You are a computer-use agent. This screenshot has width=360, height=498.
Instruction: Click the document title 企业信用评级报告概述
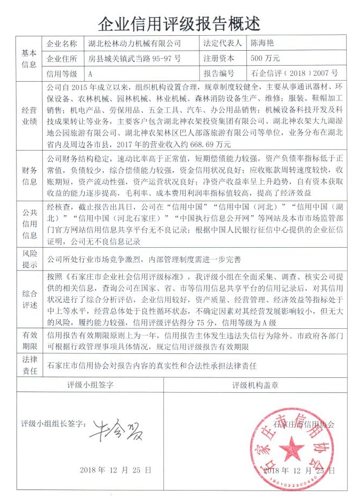(180, 23)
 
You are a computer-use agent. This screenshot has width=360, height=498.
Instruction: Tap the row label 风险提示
(29, 260)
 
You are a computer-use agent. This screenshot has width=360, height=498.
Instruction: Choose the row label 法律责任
(29, 366)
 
